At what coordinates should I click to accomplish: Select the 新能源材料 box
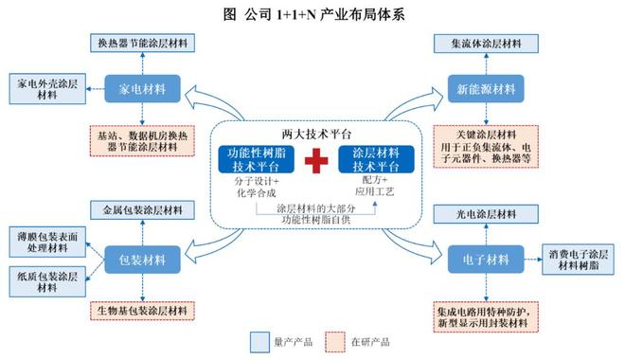[x=484, y=89]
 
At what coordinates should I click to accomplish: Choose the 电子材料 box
[x=484, y=257]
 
